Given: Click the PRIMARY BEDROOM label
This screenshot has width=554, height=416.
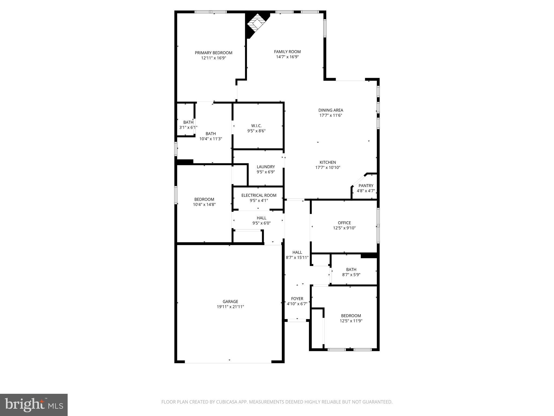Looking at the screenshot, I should click(x=213, y=53).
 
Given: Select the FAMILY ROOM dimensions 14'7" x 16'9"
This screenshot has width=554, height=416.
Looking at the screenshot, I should click(x=287, y=57).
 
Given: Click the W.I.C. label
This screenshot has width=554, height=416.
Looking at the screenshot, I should click(x=256, y=126).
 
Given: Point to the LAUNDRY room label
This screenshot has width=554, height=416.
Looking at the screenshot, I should click(x=266, y=167).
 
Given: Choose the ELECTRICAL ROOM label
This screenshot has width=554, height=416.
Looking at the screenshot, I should click(x=259, y=195).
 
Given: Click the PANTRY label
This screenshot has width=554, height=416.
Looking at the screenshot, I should click(x=366, y=186).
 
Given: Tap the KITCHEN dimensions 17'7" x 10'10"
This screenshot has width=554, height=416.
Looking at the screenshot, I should click(x=328, y=168).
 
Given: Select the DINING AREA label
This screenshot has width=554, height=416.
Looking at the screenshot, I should click(x=331, y=110).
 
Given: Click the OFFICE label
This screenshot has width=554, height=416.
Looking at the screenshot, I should click(x=344, y=223).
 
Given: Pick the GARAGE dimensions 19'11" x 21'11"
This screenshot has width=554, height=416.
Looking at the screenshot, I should click(x=230, y=307).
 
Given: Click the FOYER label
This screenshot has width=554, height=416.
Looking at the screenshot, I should click(x=297, y=299).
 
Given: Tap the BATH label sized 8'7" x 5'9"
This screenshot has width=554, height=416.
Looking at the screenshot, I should click(x=351, y=269).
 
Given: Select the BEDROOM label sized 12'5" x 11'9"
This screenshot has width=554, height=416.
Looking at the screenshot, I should click(x=351, y=316).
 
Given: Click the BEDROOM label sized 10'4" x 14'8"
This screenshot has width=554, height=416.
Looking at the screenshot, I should click(x=204, y=199).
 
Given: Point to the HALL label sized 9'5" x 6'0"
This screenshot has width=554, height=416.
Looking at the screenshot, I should click(x=261, y=218).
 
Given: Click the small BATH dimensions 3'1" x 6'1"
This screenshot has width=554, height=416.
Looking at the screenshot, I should click(x=188, y=127).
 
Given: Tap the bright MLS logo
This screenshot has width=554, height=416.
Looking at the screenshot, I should click(x=34, y=405).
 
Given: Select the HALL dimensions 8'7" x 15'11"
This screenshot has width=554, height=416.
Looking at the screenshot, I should click(x=297, y=258).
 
